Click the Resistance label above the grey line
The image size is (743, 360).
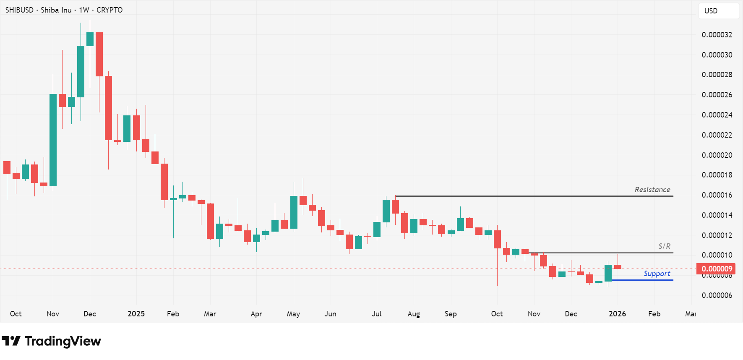pos(652,190)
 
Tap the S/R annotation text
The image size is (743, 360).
pos(664,246)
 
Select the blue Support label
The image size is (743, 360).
pos(657,274)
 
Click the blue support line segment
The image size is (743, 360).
pos(642,280)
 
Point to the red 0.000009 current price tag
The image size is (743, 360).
pos(717,269)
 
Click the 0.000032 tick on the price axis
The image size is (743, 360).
pos(717,35)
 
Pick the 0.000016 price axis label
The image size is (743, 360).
pos(717,195)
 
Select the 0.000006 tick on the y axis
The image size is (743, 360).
pos(717,295)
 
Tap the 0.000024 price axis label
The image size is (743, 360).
pos(717,115)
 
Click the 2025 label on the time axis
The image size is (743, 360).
pos(136,314)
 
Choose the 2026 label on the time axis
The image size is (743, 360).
pos(617,314)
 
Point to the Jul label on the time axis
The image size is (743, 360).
pos(376,314)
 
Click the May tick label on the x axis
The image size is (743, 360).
pos(293,314)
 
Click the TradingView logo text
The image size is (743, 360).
pos(63,341)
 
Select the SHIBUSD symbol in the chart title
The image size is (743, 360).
pos(19,10)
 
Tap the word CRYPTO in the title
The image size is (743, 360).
pos(109,10)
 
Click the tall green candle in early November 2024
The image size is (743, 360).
pos(53,140)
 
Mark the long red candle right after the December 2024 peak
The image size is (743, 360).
pos(99,55)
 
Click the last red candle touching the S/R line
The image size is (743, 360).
pos(618,266)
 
